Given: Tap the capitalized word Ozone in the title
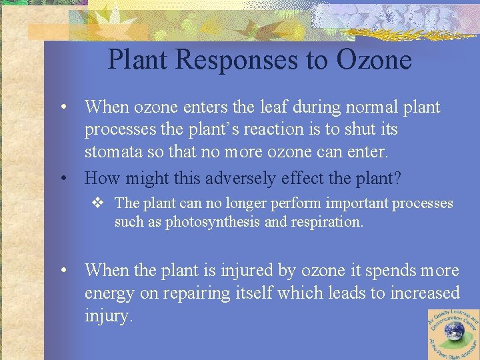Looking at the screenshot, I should point(374,60).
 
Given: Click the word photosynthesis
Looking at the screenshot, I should point(213,221).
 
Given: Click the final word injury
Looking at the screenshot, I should point(109,315).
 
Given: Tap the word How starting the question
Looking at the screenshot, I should point(101,178).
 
